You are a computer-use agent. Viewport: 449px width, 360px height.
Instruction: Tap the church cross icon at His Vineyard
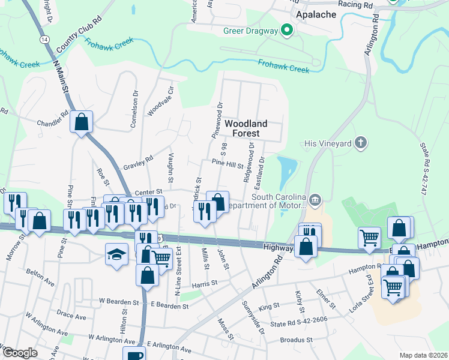click(x=360, y=143)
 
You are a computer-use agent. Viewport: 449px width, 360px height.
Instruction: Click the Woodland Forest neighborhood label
click(x=246, y=128)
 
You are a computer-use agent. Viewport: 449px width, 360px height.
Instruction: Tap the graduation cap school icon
click(x=117, y=254)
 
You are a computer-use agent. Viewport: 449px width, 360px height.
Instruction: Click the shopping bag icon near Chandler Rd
click(x=81, y=122)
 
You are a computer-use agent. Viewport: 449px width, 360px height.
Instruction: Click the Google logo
click(x=20, y=352)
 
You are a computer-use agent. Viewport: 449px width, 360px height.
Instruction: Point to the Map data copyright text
click(x=423, y=355)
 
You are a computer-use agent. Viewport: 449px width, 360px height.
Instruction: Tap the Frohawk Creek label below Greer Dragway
click(x=283, y=65)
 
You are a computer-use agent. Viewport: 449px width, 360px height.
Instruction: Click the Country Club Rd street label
click(x=79, y=38)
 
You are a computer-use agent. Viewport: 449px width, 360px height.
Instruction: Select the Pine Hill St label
click(x=227, y=163)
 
